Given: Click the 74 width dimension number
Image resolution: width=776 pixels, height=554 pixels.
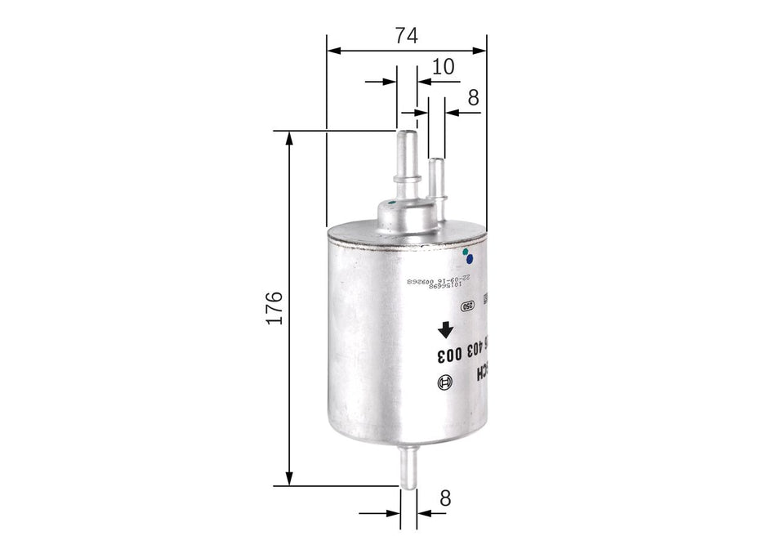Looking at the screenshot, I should (x=406, y=35).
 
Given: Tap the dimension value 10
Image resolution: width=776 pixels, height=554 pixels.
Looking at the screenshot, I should (x=443, y=67).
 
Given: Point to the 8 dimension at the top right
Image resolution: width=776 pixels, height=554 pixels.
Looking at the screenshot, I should (x=473, y=97).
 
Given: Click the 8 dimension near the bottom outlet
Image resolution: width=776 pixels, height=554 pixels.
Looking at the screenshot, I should (x=444, y=498).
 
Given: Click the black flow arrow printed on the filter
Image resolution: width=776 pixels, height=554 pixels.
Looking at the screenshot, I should (x=444, y=330).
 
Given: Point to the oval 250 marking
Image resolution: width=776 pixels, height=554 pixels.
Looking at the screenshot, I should (x=467, y=306).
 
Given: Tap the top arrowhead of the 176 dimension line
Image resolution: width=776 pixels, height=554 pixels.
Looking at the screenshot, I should (x=288, y=137).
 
